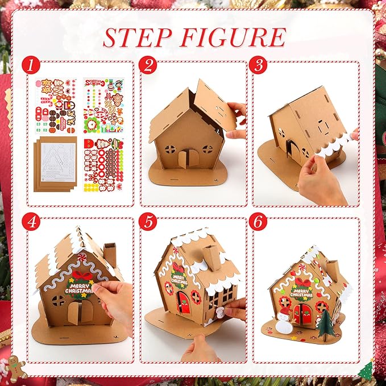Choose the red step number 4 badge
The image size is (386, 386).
click(x=33, y=221)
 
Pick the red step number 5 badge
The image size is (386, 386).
click(x=148, y=221)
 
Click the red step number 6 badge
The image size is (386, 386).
click(x=260, y=221)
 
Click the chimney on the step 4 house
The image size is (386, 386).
click(x=109, y=256)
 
